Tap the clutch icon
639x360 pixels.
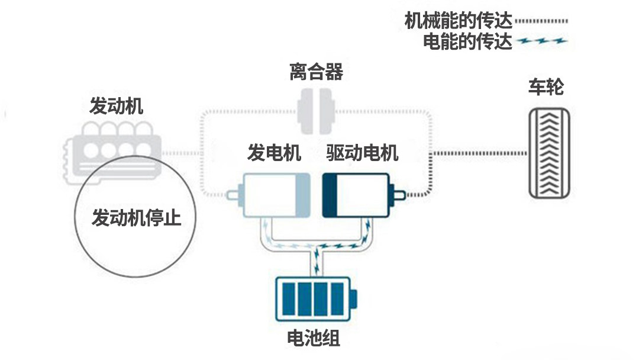pos(317,111)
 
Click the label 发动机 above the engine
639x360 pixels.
pos(116,107)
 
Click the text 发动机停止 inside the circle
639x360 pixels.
pos(136,218)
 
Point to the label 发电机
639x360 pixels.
pos(274,153)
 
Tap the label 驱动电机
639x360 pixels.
pos(362,153)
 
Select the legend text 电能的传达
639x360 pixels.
pos(468,42)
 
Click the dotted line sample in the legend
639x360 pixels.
pos(541,21)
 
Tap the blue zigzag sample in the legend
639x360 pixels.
pos(542,41)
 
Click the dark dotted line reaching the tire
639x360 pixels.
pos(479,153)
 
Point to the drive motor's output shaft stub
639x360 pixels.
pos(398,194)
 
